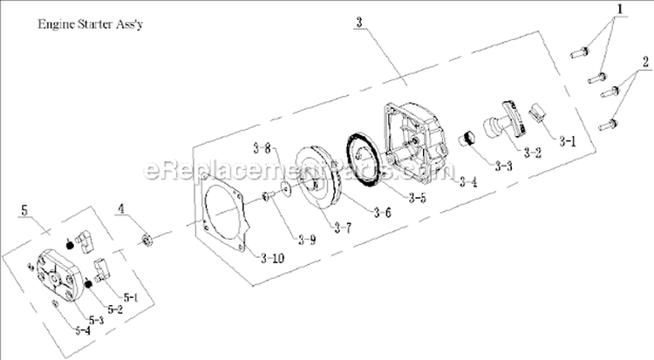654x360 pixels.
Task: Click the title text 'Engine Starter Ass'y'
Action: click(x=91, y=25)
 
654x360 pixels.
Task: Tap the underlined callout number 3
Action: click(x=359, y=23)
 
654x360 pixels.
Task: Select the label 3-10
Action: click(x=271, y=257)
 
